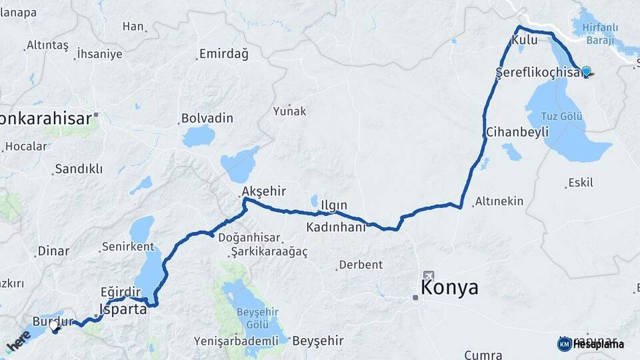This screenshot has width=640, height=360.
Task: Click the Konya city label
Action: (449, 287)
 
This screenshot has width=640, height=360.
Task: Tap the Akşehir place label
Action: (263, 191)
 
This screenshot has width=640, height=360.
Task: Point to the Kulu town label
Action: (524, 41)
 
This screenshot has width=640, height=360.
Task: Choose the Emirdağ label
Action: (225, 55)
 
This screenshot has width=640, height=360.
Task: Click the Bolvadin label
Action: (207, 118)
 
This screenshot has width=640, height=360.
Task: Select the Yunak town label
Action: (289, 111)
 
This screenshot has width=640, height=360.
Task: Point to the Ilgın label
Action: (334, 205)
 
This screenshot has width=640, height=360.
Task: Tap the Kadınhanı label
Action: (336, 227)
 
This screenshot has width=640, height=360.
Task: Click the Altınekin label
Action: (499, 201)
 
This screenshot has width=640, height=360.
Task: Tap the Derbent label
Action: (361, 265)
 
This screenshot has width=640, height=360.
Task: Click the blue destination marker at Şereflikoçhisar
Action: (586, 71)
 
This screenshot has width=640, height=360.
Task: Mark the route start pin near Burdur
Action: (55, 325)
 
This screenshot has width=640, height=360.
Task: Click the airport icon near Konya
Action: (427, 275)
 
